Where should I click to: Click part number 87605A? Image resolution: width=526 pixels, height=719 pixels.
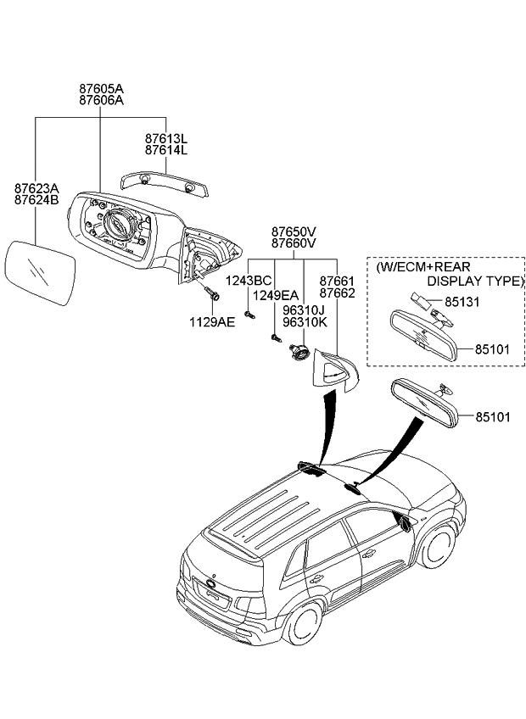100,88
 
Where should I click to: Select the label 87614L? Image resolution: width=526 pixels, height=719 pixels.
165,150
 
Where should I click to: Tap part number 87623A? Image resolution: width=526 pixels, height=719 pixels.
36,188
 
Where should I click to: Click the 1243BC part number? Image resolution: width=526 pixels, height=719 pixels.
248,281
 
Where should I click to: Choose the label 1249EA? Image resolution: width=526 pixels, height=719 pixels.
277,295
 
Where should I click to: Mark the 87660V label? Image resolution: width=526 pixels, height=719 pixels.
294,243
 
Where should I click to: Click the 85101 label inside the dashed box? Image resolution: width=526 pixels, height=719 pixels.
492,348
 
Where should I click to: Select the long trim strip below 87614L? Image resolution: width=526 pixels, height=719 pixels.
166,181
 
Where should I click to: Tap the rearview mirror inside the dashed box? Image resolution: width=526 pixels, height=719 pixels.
422,334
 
